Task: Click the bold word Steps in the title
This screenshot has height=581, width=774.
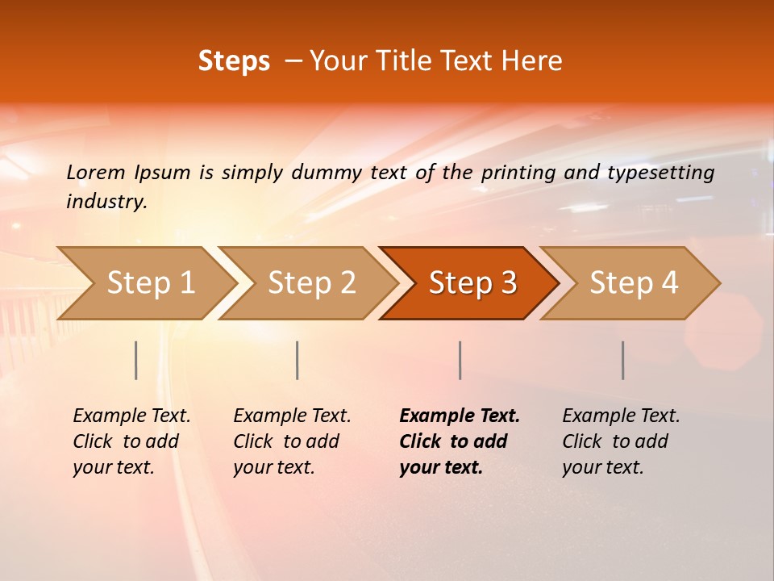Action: pos(234,61)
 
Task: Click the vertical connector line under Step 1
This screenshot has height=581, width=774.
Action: pos(136,360)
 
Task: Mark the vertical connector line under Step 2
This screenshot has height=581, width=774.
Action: pos(298,360)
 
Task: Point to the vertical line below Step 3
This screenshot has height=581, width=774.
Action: pos(460,360)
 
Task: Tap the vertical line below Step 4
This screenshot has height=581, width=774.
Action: pos(622,360)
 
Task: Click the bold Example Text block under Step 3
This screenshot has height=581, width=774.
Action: pos(458,441)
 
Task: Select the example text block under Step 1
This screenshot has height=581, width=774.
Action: pos(131,441)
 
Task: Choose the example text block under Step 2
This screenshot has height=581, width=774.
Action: pos(291,441)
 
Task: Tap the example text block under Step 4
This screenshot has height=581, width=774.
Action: pos(620,441)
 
